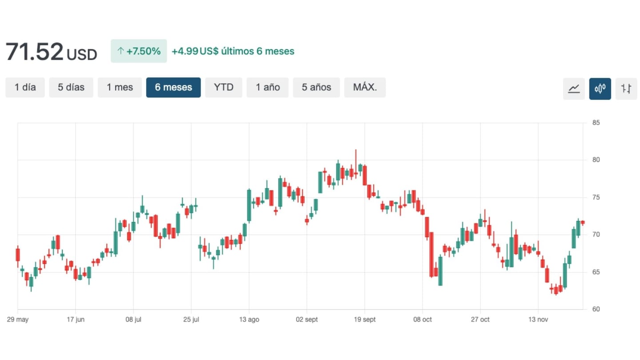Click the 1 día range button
pos(25,88)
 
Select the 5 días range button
pos(71,88)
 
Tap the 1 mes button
pos(120,88)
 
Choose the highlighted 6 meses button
pos(173,88)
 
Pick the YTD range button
pos(224,88)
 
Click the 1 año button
pos(268,88)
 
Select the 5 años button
pos(316,88)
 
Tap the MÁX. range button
pos(365,88)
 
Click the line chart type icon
pos(574,89)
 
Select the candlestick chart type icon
pos(600,89)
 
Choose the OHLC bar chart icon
pos(626,89)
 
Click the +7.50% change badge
pos(139,51)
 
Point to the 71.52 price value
pos(35,52)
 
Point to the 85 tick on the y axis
pos(596,123)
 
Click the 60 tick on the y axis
pos(596,309)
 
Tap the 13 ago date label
pos(249,320)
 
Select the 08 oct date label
pos(422,320)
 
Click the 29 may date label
pos(18,320)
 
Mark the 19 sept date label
pos(364,320)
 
